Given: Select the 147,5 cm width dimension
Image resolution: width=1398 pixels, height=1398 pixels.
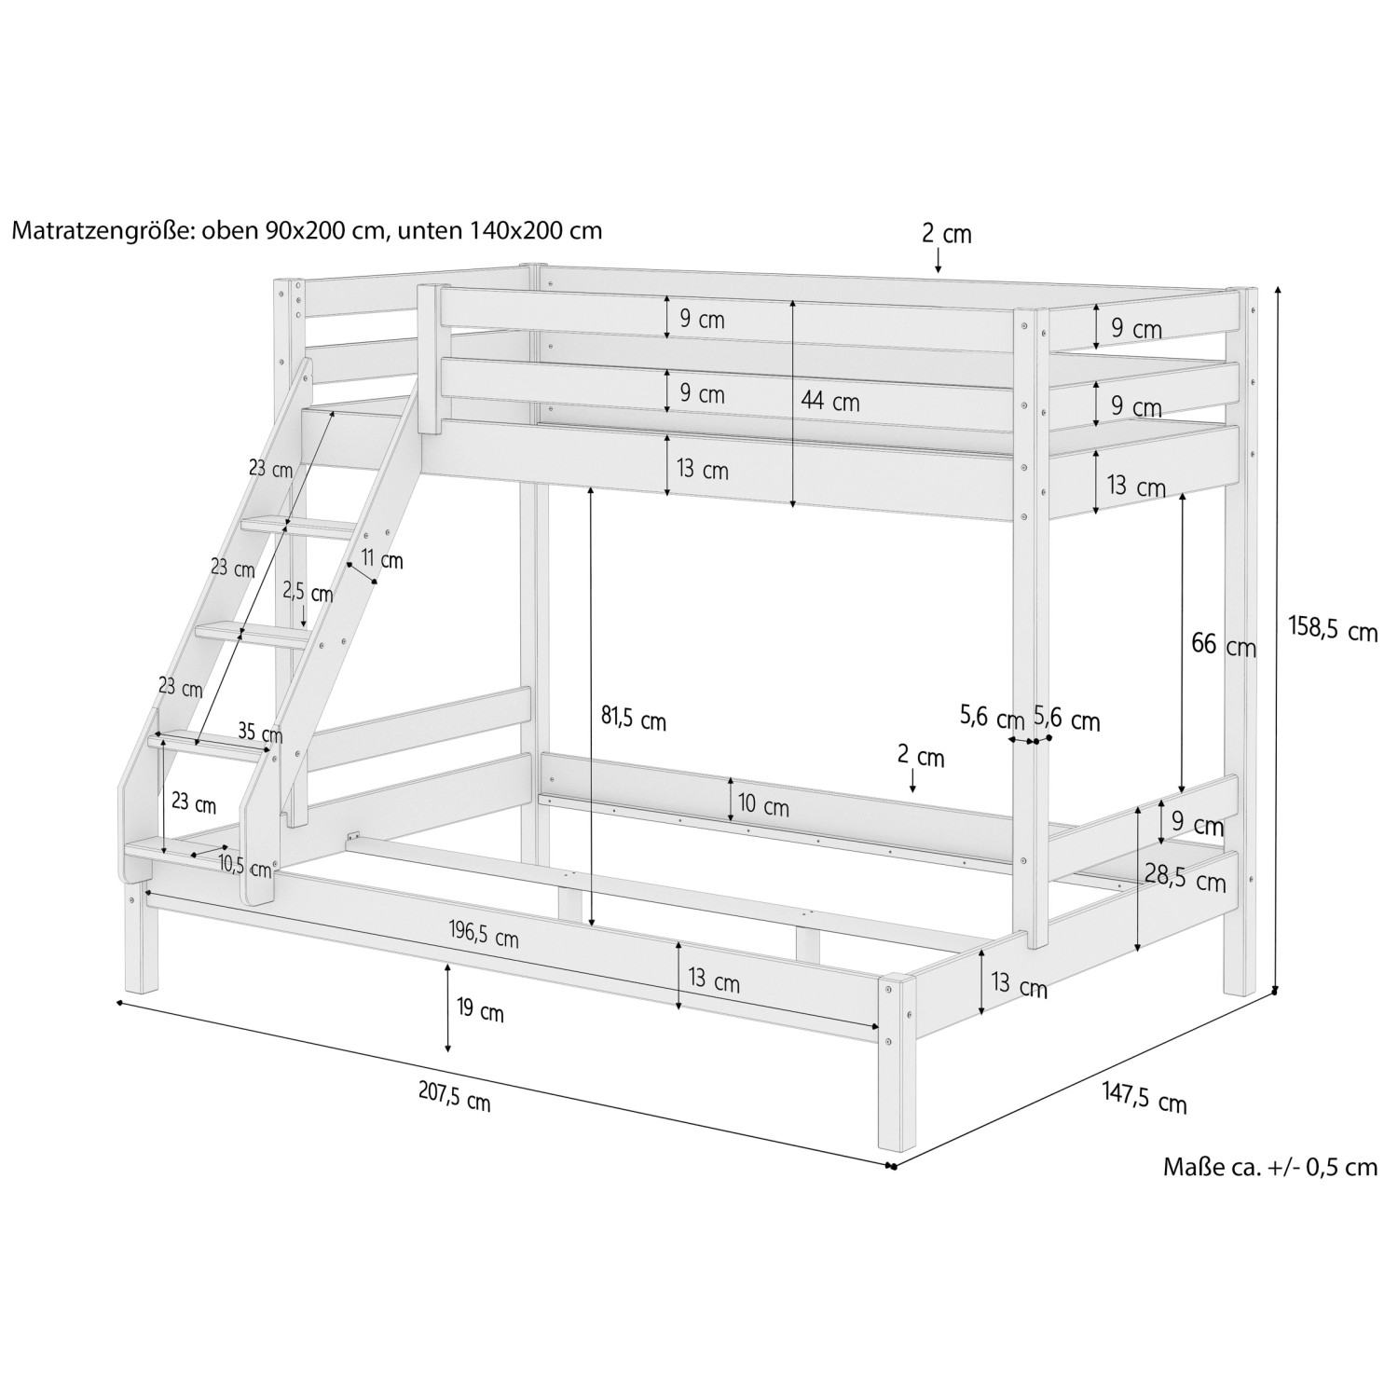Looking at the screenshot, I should coord(1144,1097).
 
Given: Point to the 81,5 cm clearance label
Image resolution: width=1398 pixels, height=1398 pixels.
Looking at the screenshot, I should coord(633,720).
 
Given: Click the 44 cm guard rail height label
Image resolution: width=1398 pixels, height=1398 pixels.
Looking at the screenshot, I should coord(829,403).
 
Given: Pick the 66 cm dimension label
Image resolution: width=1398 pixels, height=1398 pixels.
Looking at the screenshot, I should coord(1223,644).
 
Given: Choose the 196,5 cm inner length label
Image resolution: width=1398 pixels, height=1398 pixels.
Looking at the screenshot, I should coord(484,935).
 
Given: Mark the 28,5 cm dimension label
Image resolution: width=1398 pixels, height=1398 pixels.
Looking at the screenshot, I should coord(1185,877).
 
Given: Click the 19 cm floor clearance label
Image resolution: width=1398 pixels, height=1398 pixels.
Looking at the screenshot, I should coord(481,1010).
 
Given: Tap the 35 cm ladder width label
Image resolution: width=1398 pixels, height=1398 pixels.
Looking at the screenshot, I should coord(259,732).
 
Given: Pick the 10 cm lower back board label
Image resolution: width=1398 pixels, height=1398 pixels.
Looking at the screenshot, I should coord(763,806).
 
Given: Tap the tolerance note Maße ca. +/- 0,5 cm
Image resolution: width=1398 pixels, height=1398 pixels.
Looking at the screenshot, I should coord(1269,1166).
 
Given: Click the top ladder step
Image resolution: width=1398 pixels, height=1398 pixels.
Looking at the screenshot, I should coord(298,528).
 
